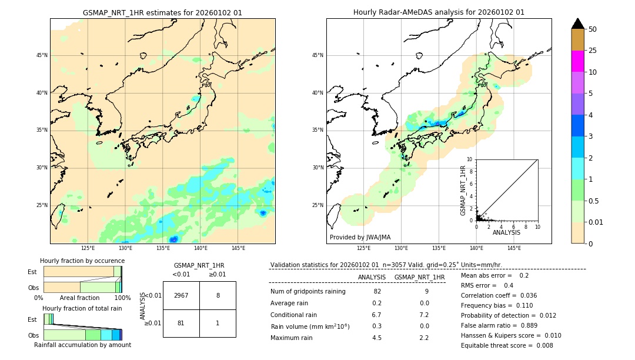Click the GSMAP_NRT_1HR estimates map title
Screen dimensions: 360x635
tap(162, 12)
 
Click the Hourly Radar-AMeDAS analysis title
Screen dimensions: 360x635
tap(439, 12)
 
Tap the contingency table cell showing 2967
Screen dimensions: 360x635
tap(181, 295)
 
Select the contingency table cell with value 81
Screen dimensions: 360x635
tap(181, 323)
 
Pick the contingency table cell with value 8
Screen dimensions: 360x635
tap(218, 295)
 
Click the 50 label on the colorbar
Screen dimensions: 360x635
tap(593, 29)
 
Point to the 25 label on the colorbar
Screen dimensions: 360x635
tap(593, 51)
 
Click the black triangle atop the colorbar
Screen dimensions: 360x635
tap(578, 24)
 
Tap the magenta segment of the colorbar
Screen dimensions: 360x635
tap(578, 61)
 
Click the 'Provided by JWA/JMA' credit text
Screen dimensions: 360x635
tap(360, 237)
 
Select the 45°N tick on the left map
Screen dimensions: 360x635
tap(42, 55)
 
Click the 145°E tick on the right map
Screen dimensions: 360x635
tap(514, 248)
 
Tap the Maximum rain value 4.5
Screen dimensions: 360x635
tap(377, 338)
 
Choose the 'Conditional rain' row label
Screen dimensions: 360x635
tap(294, 314)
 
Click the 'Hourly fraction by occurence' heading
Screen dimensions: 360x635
tap(82, 261)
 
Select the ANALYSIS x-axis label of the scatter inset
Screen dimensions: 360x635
tap(506, 232)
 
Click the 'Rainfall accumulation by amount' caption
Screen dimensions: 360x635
tap(82, 345)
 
